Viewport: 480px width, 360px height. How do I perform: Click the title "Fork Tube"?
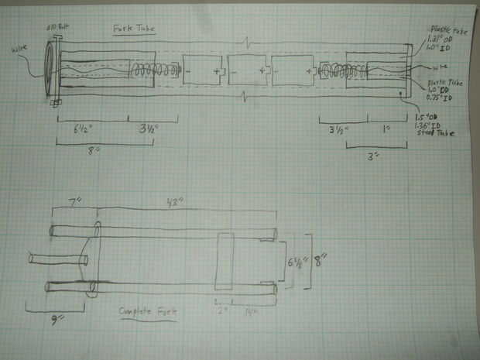pos(134,29)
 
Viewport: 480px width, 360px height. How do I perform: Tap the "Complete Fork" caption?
pos(148,311)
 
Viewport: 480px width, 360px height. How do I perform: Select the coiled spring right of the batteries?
pos(329,74)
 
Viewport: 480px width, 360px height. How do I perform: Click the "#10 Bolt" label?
pos(59,26)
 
